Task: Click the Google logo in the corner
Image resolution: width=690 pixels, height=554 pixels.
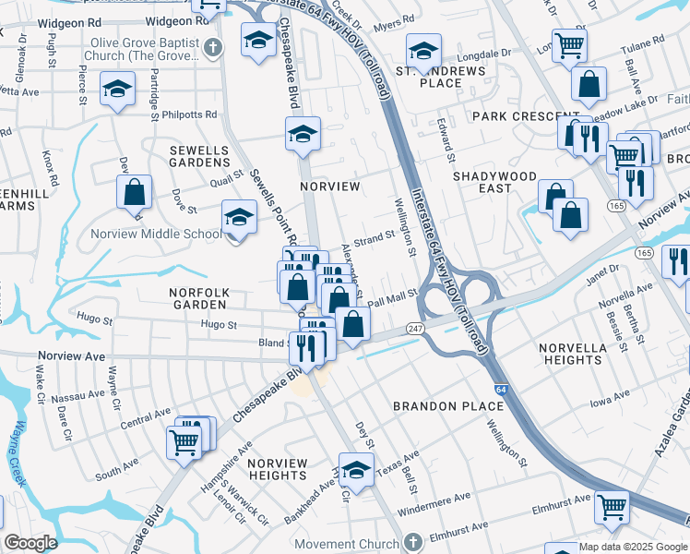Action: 30,543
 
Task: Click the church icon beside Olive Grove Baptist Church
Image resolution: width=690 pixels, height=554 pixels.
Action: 213,46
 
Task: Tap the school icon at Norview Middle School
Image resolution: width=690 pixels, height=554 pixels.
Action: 238,218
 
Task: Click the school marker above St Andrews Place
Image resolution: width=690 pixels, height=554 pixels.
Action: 423,51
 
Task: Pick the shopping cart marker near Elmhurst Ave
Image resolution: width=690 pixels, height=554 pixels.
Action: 612,506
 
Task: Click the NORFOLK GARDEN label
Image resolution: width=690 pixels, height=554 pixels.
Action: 198,297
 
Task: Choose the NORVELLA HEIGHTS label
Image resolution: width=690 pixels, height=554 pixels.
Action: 586,354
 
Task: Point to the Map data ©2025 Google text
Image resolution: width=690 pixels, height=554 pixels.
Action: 633,547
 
